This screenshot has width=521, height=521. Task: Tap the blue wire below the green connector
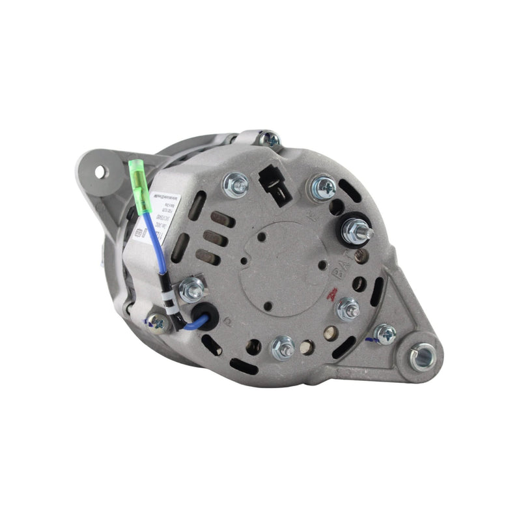pos(153,234)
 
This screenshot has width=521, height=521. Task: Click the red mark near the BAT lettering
pos(332,293)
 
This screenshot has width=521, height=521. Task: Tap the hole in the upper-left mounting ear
pos(100,172)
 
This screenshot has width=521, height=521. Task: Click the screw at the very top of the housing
pos(268,139)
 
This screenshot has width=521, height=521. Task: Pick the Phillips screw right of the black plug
pos(323,188)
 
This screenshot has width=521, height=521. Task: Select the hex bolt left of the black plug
pos(235,185)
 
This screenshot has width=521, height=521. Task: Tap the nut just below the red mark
pos(348,308)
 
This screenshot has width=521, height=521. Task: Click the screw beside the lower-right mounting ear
pos(385,335)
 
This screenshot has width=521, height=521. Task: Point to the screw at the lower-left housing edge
pos(157,321)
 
